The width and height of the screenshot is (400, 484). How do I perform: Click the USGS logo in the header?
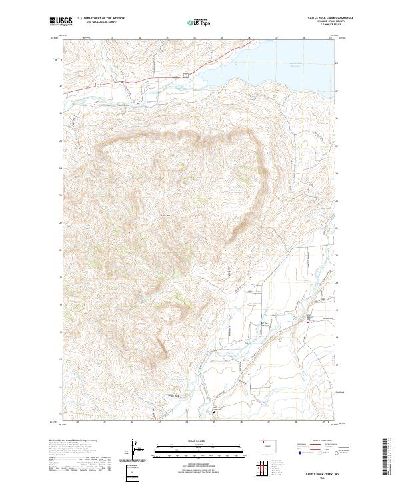[60, 21]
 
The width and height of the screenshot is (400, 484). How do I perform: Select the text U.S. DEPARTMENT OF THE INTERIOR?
[101, 19]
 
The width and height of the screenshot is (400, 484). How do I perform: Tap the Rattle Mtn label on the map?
[166, 215]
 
